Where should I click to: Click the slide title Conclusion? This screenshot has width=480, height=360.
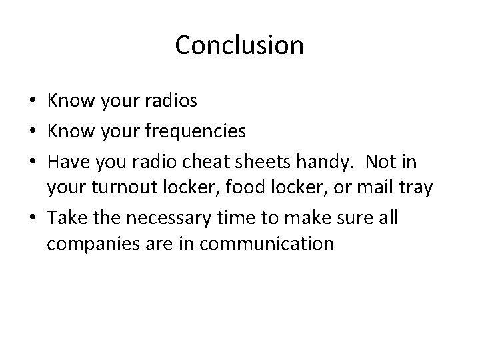coord(239,46)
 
